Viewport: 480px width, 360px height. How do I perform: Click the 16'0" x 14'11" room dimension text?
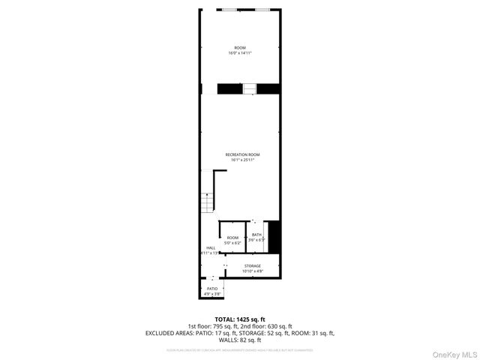pos(240,53)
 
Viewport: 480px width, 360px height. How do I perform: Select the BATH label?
pos(256,235)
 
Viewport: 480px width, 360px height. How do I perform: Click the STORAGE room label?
pos(252,265)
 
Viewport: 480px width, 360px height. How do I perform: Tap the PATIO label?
pos(212,288)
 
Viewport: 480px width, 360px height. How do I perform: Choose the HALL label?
pos(211,247)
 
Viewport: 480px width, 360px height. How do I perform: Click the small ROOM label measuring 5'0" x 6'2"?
pos(233,238)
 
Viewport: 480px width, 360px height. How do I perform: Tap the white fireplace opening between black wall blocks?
pos(249,88)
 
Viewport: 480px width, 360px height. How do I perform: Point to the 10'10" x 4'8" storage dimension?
pos(252,271)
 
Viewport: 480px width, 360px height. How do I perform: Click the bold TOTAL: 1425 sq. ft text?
pos(240,319)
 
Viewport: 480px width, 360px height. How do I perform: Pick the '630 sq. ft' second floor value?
pos(278,326)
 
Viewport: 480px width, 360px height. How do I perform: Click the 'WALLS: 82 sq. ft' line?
pos(240,339)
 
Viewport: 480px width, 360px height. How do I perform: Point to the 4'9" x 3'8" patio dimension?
pos(212,293)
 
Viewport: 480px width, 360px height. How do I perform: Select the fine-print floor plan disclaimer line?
pos(240,349)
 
